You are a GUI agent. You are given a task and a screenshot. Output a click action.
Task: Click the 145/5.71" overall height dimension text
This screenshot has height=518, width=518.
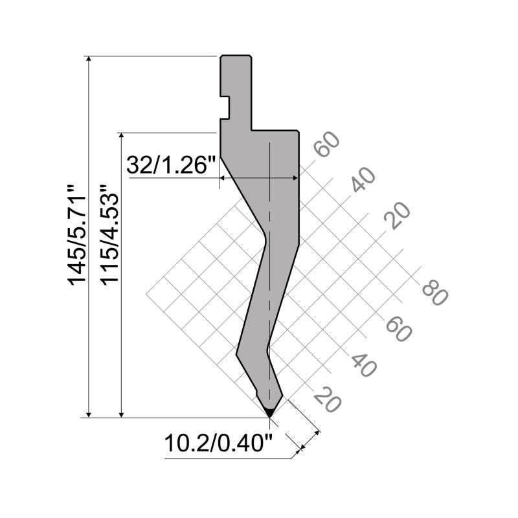click(77, 236)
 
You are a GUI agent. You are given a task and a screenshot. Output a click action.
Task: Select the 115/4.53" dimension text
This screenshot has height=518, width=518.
click(110, 236)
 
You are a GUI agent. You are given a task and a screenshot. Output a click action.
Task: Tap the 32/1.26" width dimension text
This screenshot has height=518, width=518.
click(171, 165)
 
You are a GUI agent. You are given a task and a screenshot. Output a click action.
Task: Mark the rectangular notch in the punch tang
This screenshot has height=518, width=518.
click(225, 107)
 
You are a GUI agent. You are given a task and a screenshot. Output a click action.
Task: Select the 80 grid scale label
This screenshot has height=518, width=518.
click(434, 292)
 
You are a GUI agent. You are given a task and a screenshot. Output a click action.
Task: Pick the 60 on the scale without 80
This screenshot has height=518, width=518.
click(328, 145)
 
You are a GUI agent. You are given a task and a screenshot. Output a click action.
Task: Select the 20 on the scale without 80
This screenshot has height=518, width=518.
click(397, 216)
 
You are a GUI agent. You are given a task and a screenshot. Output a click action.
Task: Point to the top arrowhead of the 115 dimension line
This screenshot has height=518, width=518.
click(122, 137)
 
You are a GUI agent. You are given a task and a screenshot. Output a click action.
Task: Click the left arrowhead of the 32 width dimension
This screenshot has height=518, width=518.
click(224, 177)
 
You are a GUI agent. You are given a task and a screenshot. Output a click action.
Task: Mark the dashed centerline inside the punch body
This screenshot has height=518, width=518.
click(269, 259)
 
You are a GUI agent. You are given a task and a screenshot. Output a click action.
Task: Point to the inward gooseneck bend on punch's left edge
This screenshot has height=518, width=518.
click(264, 236)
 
